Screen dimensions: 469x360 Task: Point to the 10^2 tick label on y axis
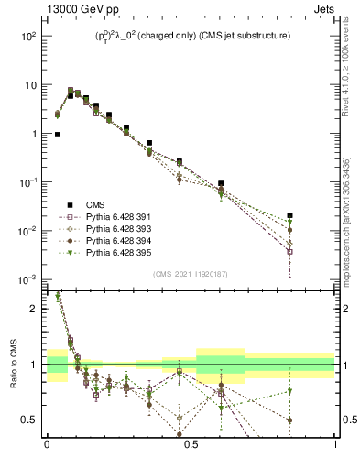pyautogui.click(x=28, y=36)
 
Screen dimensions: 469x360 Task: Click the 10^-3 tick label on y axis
pyautogui.click(x=28, y=279)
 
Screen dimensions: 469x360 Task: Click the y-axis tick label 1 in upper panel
pyautogui.click(x=34, y=134)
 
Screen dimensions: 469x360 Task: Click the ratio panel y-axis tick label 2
pyautogui.click(x=34, y=309)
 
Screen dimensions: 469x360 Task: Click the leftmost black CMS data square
pyautogui.click(x=58, y=135)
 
